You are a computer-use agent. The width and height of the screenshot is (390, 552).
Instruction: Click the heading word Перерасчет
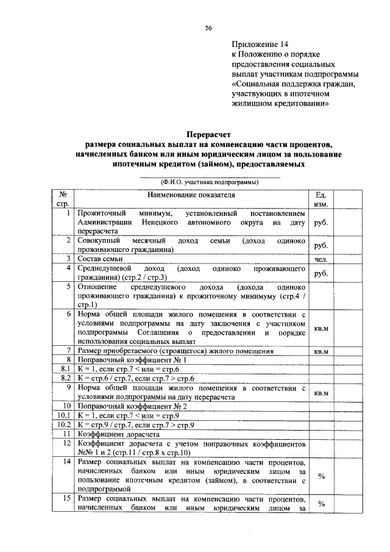[208, 134]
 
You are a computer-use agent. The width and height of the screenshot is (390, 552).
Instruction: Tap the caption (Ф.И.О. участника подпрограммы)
[209, 181]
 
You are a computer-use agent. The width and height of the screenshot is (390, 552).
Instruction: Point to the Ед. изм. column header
[321, 199]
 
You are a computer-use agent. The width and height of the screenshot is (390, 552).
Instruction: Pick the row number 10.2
[65, 424]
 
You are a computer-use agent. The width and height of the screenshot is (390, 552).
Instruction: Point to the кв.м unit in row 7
[321, 351]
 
